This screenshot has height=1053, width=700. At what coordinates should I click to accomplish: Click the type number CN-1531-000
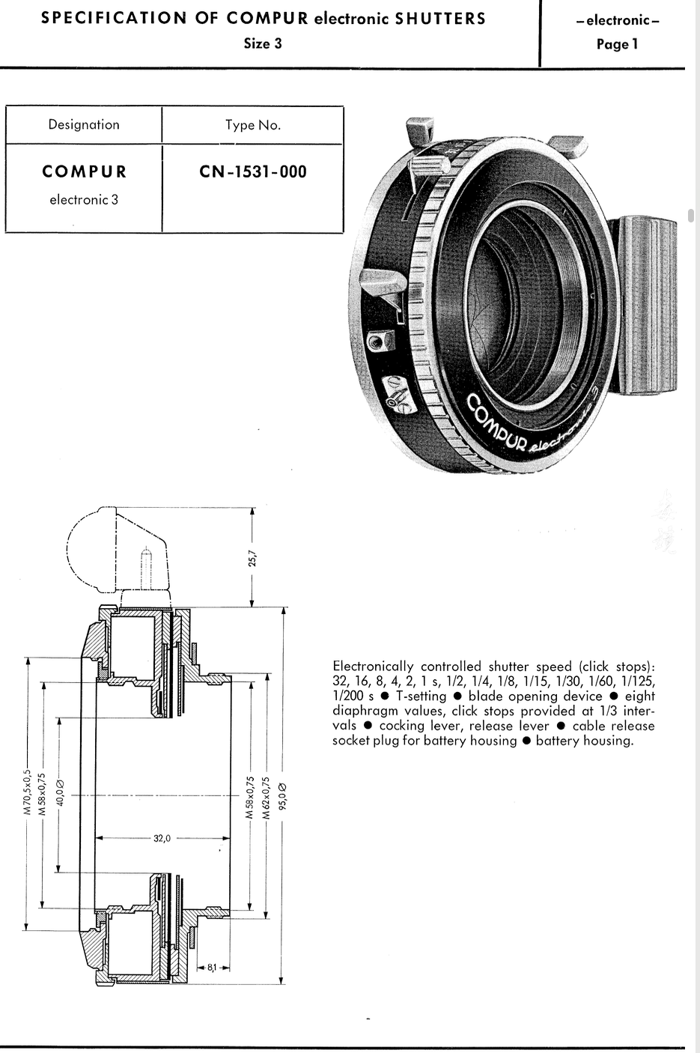pyautogui.click(x=253, y=172)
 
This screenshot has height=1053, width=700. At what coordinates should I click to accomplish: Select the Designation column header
pyautogui.click(x=84, y=124)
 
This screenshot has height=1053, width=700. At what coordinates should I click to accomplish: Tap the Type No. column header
pyautogui.click(x=253, y=125)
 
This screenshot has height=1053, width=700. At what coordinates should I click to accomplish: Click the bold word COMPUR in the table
pyautogui.click(x=85, y=172)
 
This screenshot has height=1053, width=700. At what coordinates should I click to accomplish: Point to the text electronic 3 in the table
pyautogui.click(x=84, y=200)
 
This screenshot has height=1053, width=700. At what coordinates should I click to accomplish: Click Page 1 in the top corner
pyautogui.click(x=617, y=44)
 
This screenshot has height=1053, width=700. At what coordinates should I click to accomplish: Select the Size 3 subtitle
pyautogui.click(x=263, y=43)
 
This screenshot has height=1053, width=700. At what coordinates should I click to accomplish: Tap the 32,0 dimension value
pyautogui.click(x=162, y=838)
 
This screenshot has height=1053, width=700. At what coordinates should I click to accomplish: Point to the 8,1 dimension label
pyautogui.click(x=212, y=968)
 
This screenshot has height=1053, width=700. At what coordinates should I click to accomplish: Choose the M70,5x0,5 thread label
pyautogui.click(x=27, y=792)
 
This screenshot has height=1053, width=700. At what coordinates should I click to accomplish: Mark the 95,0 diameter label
pyautogui.click(x=282, y=798)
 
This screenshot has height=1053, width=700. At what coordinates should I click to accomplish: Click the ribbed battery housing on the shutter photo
pyautogui.click(x=647, y=306)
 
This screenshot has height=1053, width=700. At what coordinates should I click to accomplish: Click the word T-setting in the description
pyautogui.click(x=421, y=697)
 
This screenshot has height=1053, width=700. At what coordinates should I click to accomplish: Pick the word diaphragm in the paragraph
pyautogui.click(x=362, y=711)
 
